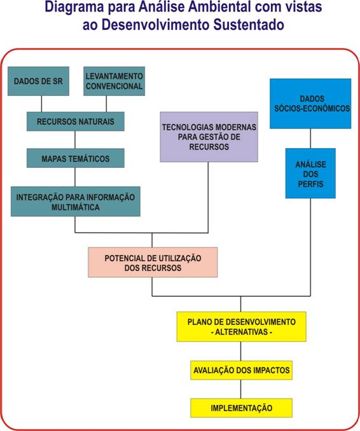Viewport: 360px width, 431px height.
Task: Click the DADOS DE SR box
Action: [x=38, y=81]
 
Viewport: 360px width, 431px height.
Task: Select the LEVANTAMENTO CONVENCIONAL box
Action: [x=114, y=81]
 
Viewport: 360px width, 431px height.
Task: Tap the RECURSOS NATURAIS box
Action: [x=75, y=121]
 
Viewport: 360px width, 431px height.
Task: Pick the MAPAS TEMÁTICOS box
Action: [x=75, y=158]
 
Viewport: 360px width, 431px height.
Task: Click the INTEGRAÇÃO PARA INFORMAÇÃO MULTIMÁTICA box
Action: [x=75, y=202]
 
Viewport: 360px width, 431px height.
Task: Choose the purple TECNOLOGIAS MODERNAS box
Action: [x=209, y=137]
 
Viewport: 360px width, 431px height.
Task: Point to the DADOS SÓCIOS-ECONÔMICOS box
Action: [x=310, y=104]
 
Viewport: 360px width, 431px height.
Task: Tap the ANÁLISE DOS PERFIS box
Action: [x=310, y=173]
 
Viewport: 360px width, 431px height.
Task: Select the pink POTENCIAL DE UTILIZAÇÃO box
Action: [x=153, y=263]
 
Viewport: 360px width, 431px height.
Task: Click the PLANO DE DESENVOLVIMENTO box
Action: [x=241, y=327]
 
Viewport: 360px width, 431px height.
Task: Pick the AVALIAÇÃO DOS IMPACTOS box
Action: [x=241, y=370]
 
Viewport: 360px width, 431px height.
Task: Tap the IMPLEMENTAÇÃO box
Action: [x=241, y=408]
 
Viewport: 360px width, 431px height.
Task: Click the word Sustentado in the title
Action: [x=249, y=25]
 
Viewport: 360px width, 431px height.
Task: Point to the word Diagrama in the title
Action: [x=74, y=6]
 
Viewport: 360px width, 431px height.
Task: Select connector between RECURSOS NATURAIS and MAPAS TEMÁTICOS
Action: [x=75, y=140]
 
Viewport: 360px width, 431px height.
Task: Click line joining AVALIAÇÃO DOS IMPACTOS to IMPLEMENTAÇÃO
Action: [x=241, y=389]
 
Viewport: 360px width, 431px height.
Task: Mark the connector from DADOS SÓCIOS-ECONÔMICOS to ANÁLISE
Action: [x=310, y=138]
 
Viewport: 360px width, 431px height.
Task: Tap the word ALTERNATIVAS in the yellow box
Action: [x=242, y=332]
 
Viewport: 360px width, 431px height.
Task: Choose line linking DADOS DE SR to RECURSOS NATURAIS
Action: [x=41, y=104]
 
